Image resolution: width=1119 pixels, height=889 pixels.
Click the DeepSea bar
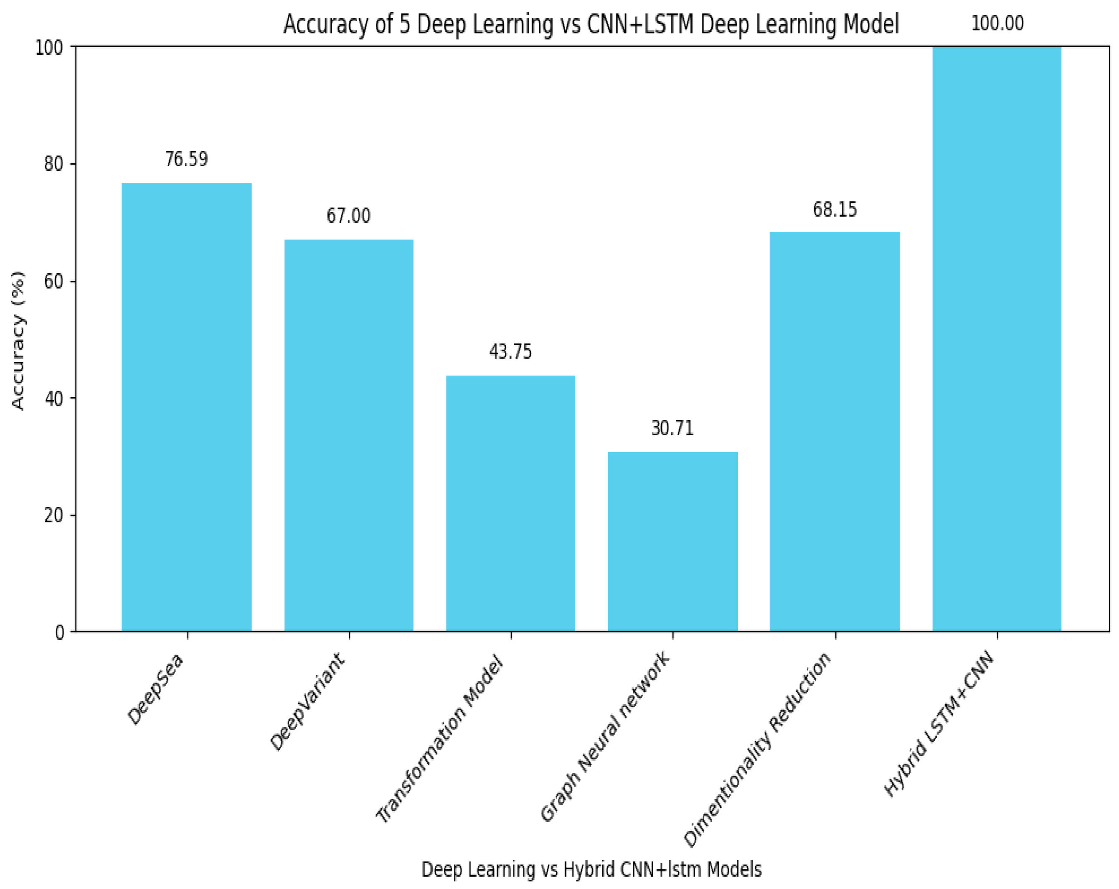click(186, 407)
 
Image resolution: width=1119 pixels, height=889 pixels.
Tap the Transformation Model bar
click(511, 503)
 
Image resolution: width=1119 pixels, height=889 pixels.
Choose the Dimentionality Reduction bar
click(835, 432)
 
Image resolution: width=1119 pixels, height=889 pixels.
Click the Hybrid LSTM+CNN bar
click(997, 338)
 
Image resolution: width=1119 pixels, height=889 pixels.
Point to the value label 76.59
click(186, 159)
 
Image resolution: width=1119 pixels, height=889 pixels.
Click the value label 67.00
click(349, 216)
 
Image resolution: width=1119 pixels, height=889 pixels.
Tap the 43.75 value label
click(511, 352)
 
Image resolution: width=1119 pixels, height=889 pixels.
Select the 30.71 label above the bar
click(672, 428)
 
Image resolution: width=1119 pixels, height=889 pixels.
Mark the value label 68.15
click(835, 210)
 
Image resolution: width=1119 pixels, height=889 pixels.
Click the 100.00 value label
click(997, 24)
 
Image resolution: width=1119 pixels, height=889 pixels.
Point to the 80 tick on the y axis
click(53, 164)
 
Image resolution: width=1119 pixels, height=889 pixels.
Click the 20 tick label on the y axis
click(53, 516)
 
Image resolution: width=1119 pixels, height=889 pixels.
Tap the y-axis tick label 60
click(53, 281)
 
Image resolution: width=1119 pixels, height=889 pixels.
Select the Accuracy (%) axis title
click(18, 340)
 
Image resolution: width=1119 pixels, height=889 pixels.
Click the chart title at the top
click(591, 24)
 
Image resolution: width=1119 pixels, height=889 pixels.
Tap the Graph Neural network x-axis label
click(606, 737)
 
